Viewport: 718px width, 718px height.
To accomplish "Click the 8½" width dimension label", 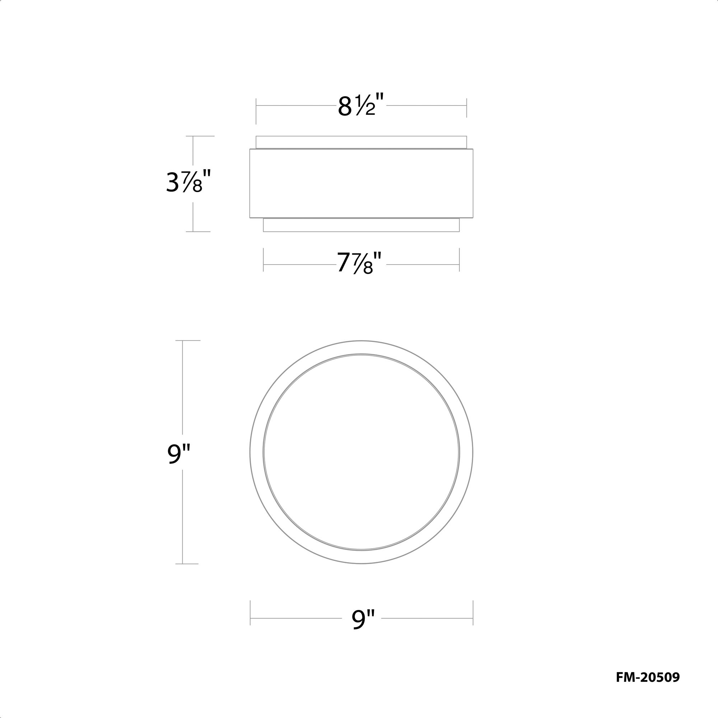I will click(x=360, y=106).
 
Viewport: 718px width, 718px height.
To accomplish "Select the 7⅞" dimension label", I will click(x=359, y=262).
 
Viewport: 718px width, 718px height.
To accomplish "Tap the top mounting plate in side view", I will click(x=361, y=142).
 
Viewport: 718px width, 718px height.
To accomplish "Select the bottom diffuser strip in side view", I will click(x=361, y=225).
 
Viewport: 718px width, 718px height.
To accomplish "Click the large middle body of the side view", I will click(x=361, y=183).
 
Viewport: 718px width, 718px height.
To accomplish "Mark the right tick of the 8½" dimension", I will click(x=466, y=108).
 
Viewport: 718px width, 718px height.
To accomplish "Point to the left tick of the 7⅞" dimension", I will click(x=264, y=260).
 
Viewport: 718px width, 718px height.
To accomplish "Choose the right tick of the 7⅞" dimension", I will click(x=460, y=260).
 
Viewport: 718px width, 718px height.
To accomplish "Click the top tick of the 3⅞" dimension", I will click(x=200, y=136).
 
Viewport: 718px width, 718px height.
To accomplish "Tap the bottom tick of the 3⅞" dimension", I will click(x=198, y=232).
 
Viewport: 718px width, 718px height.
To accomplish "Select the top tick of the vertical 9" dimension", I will click(x=188, y=340).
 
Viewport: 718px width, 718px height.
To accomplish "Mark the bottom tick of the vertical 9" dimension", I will click(x=187, y=564).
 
